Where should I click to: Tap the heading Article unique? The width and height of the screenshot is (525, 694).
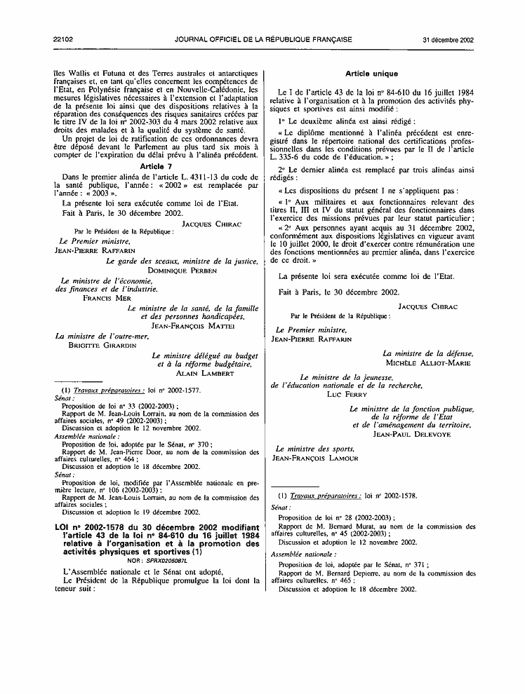point(372,74)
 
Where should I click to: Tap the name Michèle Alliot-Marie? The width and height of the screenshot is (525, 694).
point(428,363)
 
